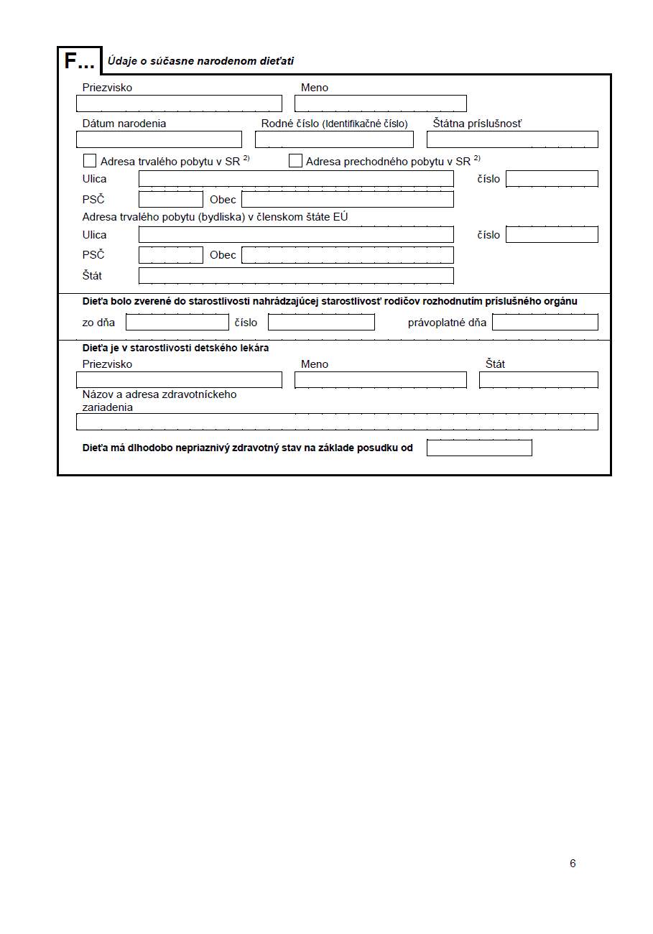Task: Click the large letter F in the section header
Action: (70, 61)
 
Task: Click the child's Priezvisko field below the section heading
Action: (179, 103)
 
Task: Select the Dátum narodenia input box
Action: (159, 139)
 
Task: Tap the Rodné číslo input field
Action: (334, 139)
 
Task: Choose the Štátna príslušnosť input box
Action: (512, 139)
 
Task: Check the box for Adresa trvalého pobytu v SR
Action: (90, 161)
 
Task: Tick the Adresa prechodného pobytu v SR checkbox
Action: (295, 161)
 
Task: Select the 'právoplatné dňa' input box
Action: (545, 322)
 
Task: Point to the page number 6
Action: (573, 864)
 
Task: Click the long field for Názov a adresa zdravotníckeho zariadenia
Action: (337, 422)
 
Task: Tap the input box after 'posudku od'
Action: (479, 448)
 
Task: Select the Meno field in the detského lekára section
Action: (380, 380)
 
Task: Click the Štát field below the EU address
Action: (296, 275)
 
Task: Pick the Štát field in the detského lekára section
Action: (538, 380)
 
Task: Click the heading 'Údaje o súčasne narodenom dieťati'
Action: (200, 61)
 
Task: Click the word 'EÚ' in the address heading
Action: (341, 216)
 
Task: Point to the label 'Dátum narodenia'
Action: (124, 124)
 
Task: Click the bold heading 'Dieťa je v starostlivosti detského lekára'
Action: (176, 348)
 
